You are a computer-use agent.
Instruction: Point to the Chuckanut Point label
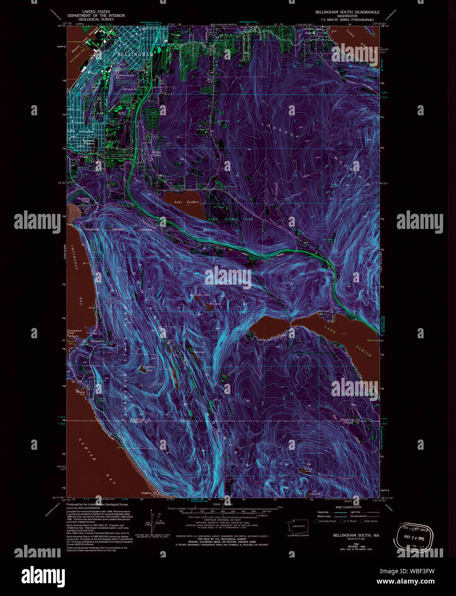(x=74, y=331)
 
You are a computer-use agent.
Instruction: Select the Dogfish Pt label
(x=148, y=493)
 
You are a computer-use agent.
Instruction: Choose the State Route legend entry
(x=369, y=521)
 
